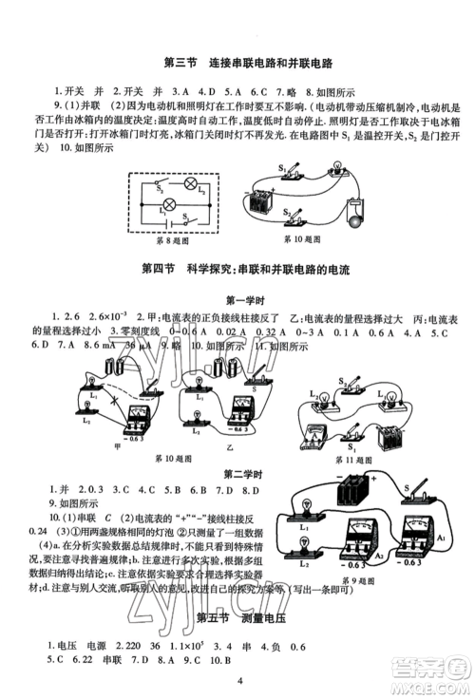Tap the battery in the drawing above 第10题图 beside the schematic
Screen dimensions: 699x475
click(x=259, y=202)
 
